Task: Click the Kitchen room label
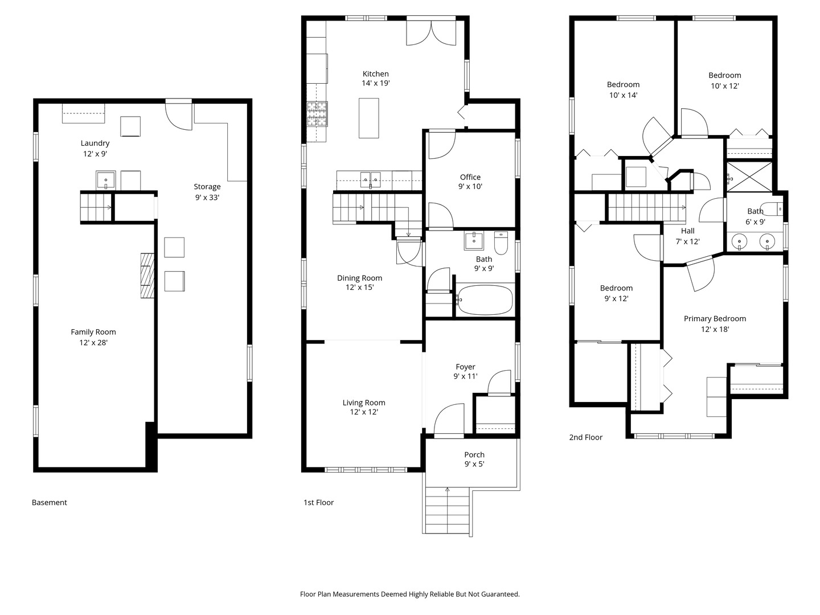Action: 375,74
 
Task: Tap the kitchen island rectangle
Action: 369,118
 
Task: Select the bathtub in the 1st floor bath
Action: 485,300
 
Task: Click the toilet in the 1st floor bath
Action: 501,243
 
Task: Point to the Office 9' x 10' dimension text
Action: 470,186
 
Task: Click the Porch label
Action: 474,454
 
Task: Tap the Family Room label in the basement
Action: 93,331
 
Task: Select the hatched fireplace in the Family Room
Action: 147,276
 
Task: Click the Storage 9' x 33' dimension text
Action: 207,197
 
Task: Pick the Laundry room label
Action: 95,143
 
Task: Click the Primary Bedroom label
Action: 715,318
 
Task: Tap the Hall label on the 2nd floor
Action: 688,231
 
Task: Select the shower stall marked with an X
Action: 749,177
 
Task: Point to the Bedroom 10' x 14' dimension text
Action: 623,95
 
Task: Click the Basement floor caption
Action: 50,502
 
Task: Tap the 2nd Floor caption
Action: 586,437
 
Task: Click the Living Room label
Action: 364,403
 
